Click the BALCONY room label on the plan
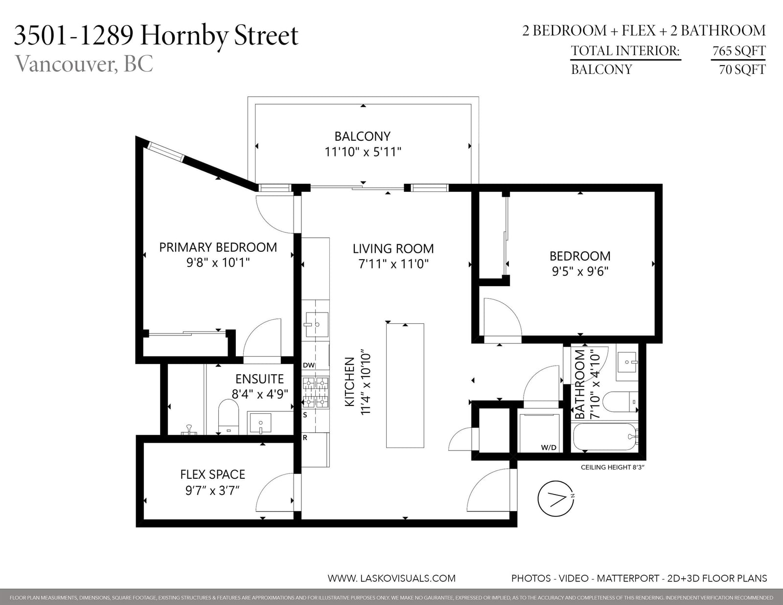(363, 136)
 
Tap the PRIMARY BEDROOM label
(218, 247)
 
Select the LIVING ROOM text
(393, 249)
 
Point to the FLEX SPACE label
(212, 474)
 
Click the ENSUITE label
(259, 379)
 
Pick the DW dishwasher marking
(308, 365)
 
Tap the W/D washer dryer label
(549, 448)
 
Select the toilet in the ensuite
(229, 417)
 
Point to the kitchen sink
(316, 324)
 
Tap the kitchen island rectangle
(405, 385)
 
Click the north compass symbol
(555, 499)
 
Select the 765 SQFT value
(738, 51)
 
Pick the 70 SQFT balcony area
(742, 69)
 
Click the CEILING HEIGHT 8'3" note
(613, 468)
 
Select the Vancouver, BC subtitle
(84, 64)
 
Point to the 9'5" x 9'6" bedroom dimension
(580, 271)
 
